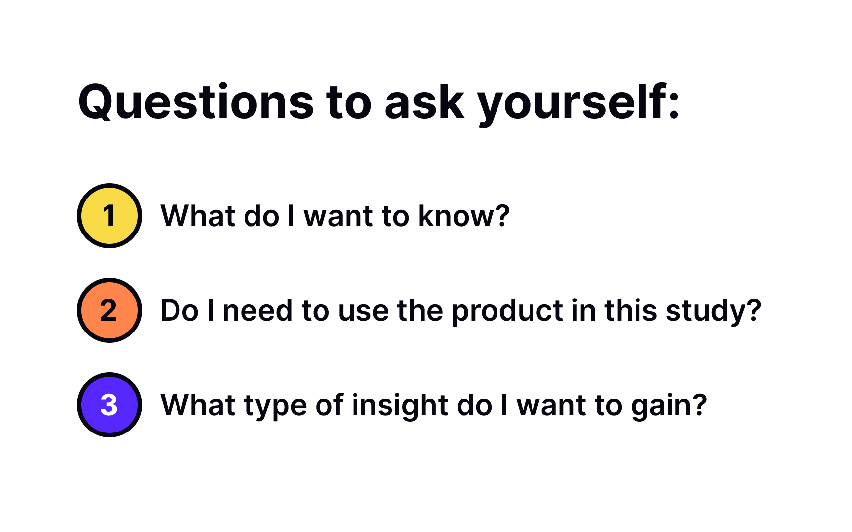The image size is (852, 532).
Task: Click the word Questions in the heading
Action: (x=196, y=102)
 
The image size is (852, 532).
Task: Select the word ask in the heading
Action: (x=424, y=102)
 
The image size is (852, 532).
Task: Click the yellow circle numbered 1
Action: (x=109, y=216)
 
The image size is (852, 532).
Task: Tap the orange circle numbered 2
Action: (x=109, y=310)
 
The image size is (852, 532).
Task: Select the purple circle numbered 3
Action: (x=109, y=405)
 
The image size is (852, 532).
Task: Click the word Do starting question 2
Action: (x=179, y=311)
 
